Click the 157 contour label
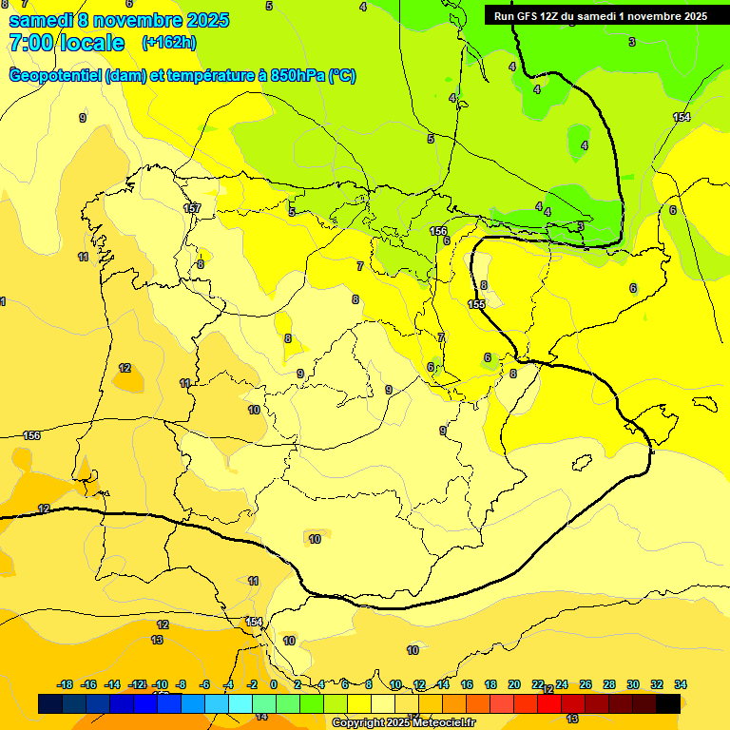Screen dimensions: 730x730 point(192,208)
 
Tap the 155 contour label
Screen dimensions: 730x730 point(476,304)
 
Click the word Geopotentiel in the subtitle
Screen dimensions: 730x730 point(54,76)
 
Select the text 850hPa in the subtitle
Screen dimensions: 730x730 point(298,76)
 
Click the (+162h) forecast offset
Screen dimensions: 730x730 point(169,43)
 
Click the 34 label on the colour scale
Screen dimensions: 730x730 point(681,684)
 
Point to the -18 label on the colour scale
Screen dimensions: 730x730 point(66,684)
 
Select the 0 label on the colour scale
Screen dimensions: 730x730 point(274,684)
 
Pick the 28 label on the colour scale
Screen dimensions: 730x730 point(609,684)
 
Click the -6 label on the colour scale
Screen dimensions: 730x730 point(204,684)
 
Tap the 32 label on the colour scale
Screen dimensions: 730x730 point(657,684)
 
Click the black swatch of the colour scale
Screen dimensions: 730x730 point(668,703)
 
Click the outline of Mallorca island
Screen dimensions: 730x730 point(659,424)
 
